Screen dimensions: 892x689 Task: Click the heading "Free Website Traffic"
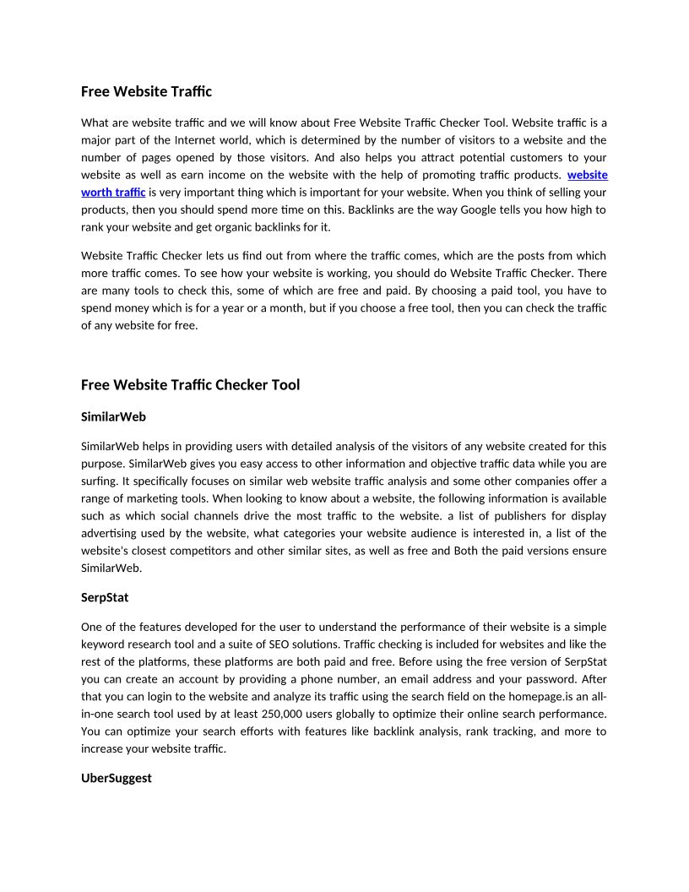coord(146,90)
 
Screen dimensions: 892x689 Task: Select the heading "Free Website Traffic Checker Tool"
coord(190,384)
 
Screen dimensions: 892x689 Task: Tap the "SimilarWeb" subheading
coord(114,416)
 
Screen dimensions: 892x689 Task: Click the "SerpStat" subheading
coord(105,597)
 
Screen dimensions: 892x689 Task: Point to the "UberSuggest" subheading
coord(117,778)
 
